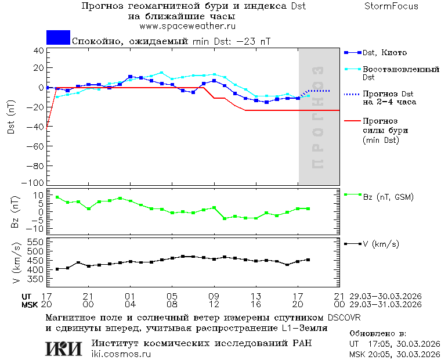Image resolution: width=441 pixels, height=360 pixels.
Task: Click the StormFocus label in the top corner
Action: (391, 6)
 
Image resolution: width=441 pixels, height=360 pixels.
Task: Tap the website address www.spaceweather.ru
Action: (187, 27)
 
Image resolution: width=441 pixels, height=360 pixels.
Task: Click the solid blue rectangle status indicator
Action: (58, 38)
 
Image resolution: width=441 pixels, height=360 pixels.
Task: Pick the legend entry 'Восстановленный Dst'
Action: (400, 73)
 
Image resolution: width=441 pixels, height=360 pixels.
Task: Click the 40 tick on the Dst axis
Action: (39, 51)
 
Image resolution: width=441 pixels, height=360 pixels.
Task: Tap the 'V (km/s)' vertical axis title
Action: (16, 265)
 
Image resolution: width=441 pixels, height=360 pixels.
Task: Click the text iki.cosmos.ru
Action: (121, 354)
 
